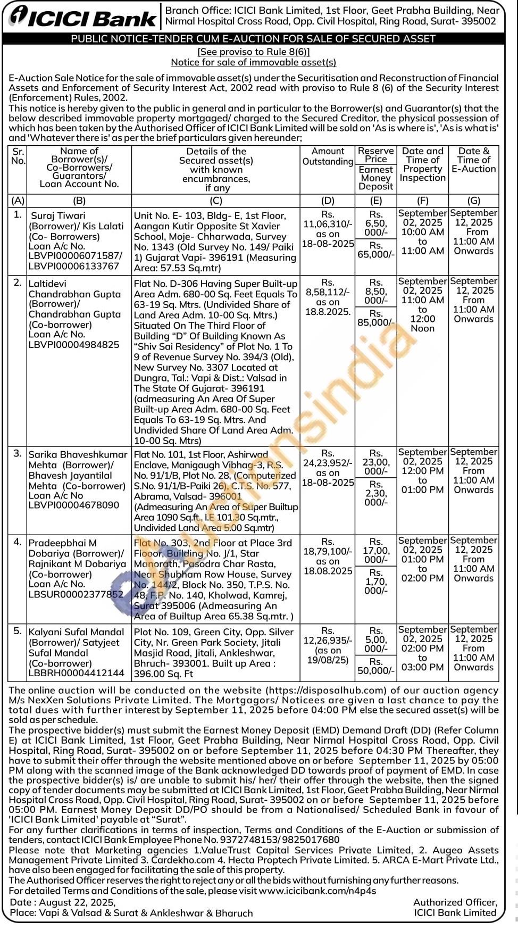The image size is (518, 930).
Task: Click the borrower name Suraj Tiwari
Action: click(x=58, y=215)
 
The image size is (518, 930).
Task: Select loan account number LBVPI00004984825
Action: click(x=74, y=344)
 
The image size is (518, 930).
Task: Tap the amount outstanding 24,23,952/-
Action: click(x=328, y=463)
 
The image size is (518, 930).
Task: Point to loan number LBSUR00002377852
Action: click(x=76, y=594)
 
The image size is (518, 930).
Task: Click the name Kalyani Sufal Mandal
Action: click(x=76, y=632)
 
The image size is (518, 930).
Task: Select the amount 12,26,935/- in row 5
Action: click(x=328, y=641)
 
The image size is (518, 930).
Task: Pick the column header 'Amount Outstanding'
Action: click(x=328, y=156)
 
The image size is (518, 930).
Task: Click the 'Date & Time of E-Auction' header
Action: click(x=473, y=160)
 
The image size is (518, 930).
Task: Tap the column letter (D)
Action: click(x=328, y=201)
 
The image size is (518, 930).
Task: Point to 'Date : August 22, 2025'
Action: click(x=62, y=902)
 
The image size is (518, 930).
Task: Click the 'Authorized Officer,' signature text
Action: click(x=455, y=902)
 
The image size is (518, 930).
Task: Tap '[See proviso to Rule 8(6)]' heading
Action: click(x=254, y=52)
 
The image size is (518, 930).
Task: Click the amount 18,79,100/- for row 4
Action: click(x=328, y=552)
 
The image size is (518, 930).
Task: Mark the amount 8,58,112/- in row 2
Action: click(x=328, y=292)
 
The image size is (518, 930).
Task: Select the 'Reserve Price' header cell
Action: click(x=376, y=155)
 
